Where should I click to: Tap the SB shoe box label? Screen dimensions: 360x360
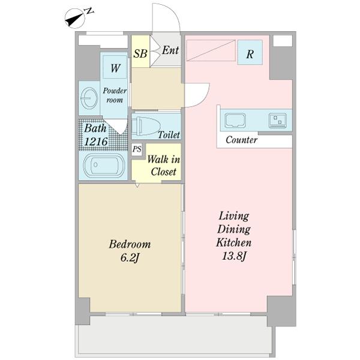tap(140, 53)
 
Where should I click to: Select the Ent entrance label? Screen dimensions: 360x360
tap(170, 50)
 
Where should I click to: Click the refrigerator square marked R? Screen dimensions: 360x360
tap(250, 52)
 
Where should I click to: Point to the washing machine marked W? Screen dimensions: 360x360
tap(115, 67)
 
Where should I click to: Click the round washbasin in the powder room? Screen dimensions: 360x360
tap(89, 98)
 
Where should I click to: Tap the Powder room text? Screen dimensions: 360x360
tap(115, 95)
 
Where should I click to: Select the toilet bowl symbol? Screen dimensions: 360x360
tap(146, 126)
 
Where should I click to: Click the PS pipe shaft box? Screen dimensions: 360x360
tap(137, 149)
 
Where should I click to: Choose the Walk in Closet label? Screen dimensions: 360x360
tap(163, 166)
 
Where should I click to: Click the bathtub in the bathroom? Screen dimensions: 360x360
tap(104, 166)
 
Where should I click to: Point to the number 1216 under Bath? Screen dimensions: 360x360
tap(96, 142)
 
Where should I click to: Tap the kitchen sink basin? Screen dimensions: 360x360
tap(235, 120)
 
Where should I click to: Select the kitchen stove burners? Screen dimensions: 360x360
tap(278, 121)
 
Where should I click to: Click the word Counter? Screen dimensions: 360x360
tap(241, 140)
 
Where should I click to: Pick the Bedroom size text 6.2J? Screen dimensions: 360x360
tap(129, 258)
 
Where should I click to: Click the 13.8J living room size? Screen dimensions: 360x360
tap(234, 256)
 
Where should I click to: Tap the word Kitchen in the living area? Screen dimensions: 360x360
tap(234, 242)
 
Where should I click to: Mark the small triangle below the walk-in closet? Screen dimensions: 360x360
tap(137, 185)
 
